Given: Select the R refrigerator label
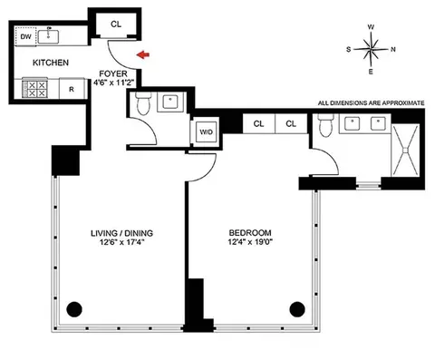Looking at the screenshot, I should coord(71,90).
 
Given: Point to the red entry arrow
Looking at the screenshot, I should coord(141,55).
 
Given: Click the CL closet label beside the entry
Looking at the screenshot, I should coord(116,24).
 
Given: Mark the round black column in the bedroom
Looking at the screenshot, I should coord(295,306).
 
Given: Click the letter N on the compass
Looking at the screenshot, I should coord(391,50).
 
